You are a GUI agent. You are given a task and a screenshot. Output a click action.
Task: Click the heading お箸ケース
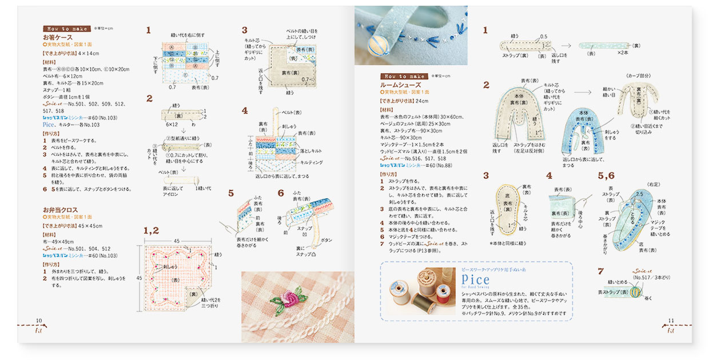click(x=57, y=37)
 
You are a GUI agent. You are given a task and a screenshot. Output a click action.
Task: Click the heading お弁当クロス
click(x=60, y=210)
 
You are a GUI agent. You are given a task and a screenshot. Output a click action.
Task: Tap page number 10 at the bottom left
click(x=39, y=321)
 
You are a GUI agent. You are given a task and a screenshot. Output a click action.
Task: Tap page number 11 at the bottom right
click(x=671, y=321)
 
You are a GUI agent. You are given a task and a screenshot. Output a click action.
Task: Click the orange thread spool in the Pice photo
click(x=442, y=292)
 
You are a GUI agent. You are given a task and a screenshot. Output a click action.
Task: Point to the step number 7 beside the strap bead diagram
click(x=600, y=271)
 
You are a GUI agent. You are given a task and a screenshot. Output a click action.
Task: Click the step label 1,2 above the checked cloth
click(x=151, y=230)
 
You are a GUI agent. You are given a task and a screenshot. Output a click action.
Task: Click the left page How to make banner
click(x=65, y=28)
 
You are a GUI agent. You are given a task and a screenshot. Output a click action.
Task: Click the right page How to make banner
click(x=403, y=76)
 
